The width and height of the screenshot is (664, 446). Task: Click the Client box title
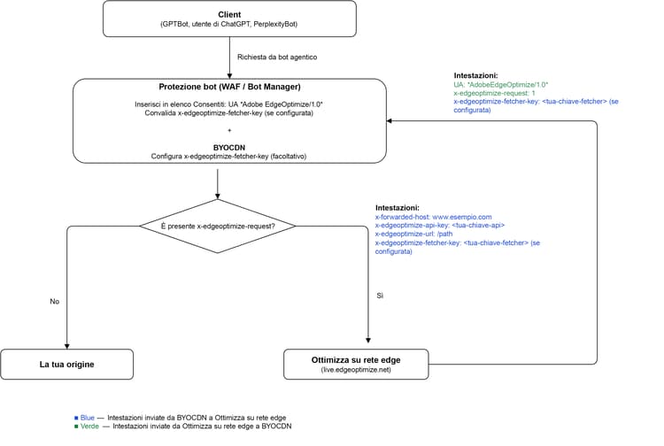pyautogui.click(x=229, y=15)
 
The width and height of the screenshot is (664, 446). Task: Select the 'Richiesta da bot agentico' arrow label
pyautogui.click(x=277, y=58)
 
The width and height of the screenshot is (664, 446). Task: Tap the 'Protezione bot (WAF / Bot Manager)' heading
pyautogui.click(x=229, y=87)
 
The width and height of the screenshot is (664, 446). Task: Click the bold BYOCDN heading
pyautogui.click(x=229, y=148)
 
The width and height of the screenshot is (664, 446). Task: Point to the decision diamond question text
pyautogui.click(x=218, y=227)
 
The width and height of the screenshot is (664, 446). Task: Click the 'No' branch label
pyautogui.click(x=55, y=302)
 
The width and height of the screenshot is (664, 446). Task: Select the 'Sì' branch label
pyautogui.click(x=380, y=296)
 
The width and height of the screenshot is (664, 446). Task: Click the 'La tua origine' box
pyautogui.click(x=67, y=365)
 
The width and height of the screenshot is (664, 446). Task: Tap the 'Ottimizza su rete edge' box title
pyautogui.click(x=356, y=360)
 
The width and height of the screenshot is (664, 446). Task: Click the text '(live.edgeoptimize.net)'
pyautogui.click(x=356, y=370)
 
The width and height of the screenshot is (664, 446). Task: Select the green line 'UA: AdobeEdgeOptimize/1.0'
pyautogui.click(x=500, y=85)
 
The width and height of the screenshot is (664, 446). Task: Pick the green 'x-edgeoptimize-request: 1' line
pyautogui.click(x=494, y=93)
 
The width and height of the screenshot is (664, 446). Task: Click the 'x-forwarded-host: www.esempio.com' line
pyautogui.click(x=433, y=217)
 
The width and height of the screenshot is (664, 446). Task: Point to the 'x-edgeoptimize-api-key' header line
pyautogui.click(x=440, y=226)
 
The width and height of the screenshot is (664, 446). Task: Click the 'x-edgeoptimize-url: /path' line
pyautogui.click(x=413, y=234)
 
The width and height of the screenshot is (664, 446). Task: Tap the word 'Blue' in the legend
pyautogui.click(x=88, y=418)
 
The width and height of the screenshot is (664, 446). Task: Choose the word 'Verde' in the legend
pyautogui.click(x=89, y=427)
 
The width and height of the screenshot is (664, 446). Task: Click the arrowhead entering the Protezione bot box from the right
pyautogui.click(x=389, y=121)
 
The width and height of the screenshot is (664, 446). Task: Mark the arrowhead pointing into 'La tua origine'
pyautogui.click(x=67, y=347)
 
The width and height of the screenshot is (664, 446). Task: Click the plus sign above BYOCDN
pyautogui.click(x=229, y=130)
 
